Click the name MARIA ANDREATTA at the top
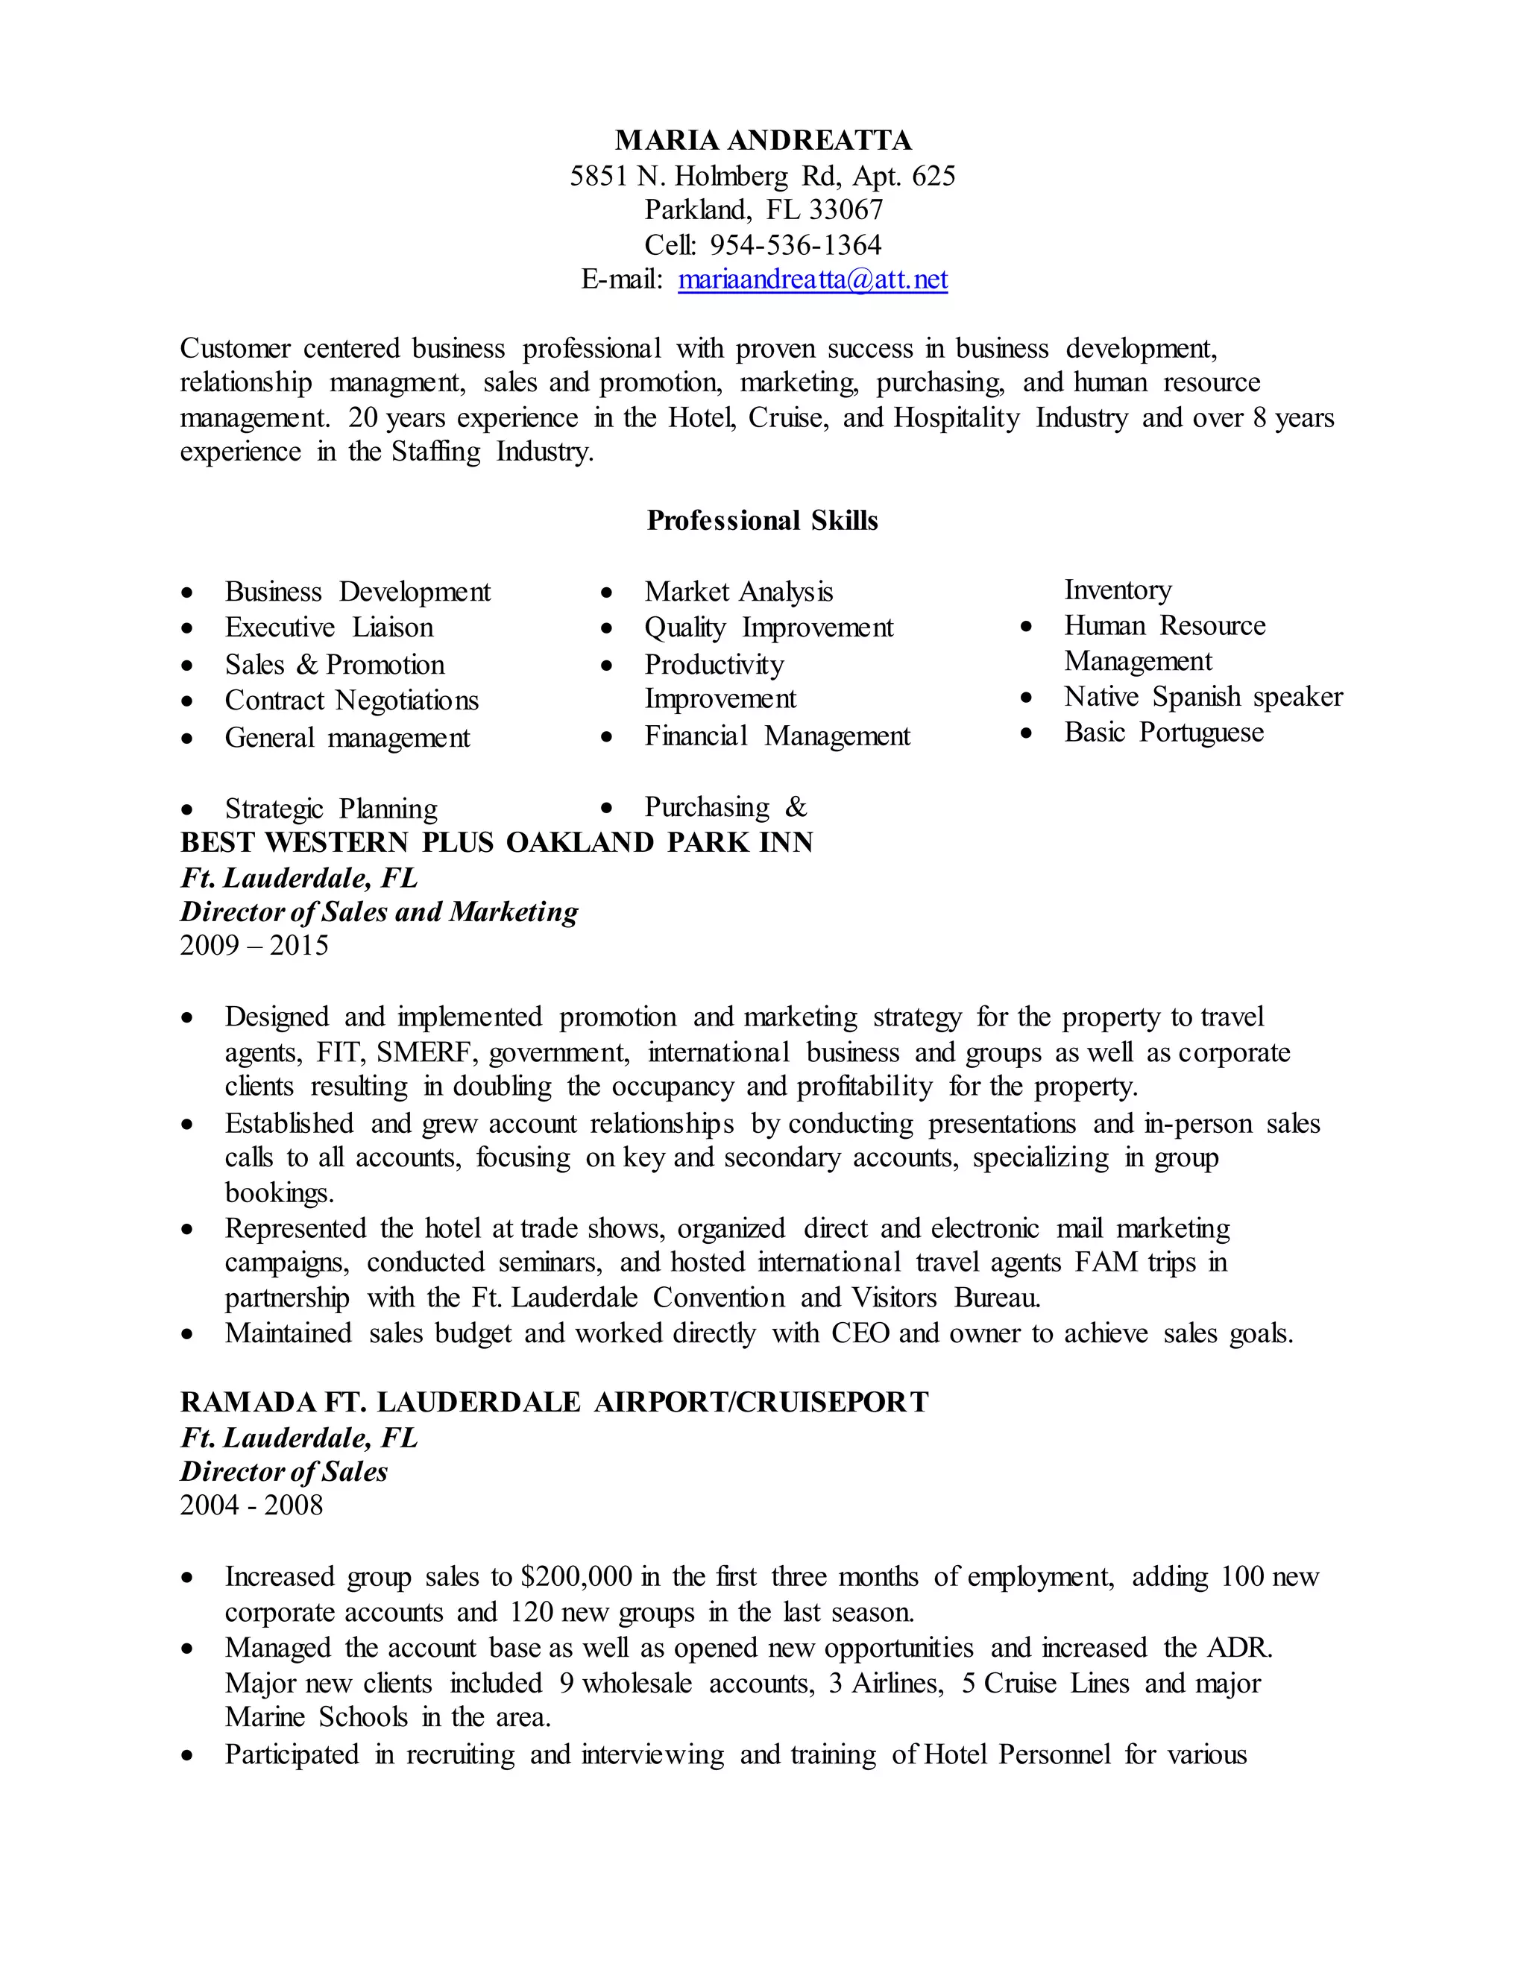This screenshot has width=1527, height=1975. click(x=763, y=140)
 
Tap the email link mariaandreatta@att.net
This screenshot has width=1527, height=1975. click(x=813, y=279)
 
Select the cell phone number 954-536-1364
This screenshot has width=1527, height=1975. click(x=795, y=245)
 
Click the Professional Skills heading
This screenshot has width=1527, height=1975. click(x=762, y=521)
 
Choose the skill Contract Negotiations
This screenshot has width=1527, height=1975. click(x=351, y=701)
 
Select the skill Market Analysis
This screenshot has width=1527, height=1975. click(x=738, y=592)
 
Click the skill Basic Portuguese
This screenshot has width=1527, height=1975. click(x=1163, y=733)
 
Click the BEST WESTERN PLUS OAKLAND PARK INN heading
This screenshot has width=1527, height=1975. click(x=496, y=843)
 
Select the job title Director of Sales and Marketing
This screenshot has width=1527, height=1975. click(x=378, y=911)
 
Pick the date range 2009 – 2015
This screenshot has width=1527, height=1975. click(x=254, y=946)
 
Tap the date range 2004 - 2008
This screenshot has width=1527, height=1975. click(x=251, y=1505)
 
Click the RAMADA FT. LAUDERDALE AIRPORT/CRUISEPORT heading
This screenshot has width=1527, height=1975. click(x=554, y=1403)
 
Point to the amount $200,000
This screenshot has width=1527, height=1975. click(x=576, y=1577)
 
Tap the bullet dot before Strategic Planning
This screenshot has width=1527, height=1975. click(x=186, y=809)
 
